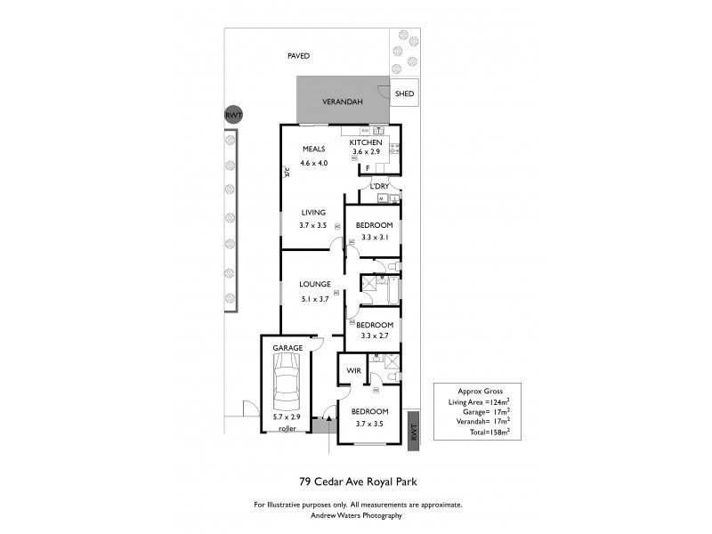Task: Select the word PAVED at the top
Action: click(x=298, y=56)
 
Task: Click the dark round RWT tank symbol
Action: click(x=233, y=116)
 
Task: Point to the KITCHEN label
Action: click(x=365, y=143)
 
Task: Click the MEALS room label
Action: click(x=313, y=149)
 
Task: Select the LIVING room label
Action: click(x=313, y=213)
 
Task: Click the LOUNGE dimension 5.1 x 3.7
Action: click(x=314, y=299)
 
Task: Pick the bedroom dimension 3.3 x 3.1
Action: click(x=374, y=239)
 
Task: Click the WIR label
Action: click(x=352, y=368)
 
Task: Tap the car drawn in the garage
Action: click(x=287, y=381)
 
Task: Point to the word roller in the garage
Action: click(x=287, y=428)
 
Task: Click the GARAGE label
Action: click(x=287, y=348)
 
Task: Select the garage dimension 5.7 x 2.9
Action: click(x=287, y=417)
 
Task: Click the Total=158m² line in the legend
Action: click(x=484, y=432)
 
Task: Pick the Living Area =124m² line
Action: click(x=479, y=402)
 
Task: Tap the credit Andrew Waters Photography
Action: click(x=356, y=515)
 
